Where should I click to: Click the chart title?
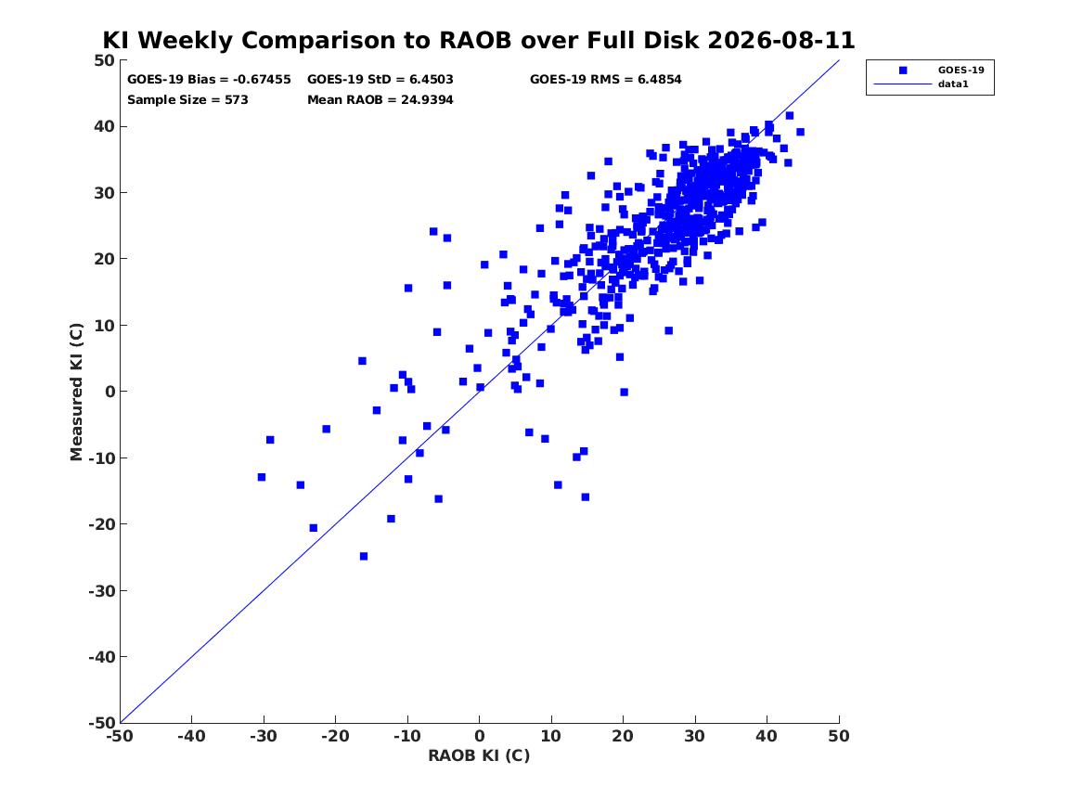pos(479,40)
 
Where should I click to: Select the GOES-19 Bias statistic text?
pos(209,80)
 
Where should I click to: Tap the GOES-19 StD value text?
pos(380,80)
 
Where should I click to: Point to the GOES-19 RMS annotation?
pos(605,80)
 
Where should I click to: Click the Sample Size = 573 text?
pos(187,99)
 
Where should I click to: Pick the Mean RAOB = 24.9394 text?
pos(380,99)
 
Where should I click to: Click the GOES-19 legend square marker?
pos(903,70)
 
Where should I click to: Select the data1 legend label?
pos(953,84)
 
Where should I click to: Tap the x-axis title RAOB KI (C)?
pos(479,755)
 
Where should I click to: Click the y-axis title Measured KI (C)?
pos(76,392)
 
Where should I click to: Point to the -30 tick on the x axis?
pos(264,736)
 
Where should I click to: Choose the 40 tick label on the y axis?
pos(105,126)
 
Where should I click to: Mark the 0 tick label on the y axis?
pos(110,392)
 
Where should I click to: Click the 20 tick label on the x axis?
pos(623,736)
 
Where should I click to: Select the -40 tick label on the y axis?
pos(101,657)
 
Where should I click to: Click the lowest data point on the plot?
pos(363,556)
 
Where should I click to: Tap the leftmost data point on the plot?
pos(261,477)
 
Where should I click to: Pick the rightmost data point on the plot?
pos(800,132)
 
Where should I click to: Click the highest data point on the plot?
pos(790,115)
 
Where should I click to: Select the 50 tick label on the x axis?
pos(839,736)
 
